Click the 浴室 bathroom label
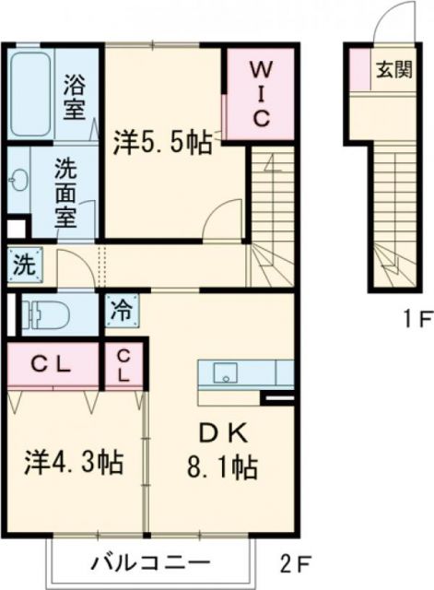point(74,98)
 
